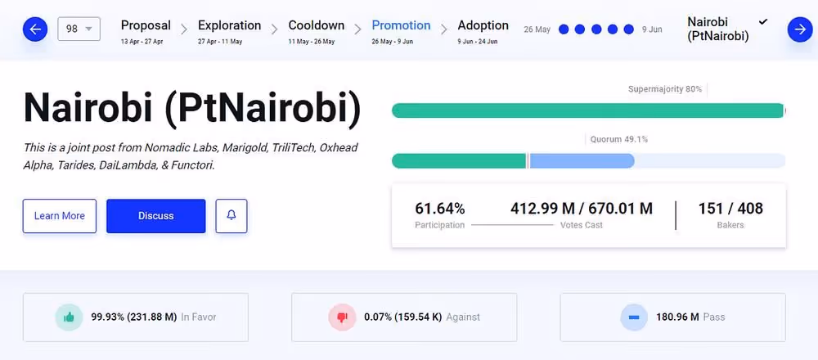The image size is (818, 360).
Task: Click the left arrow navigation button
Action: (x=35, y=30)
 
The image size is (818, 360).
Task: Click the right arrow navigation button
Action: (x=799, y=30)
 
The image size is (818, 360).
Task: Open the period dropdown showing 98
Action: (x=79, y=29)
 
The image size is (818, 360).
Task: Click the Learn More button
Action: (x=59, y=216)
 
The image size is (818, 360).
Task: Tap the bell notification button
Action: (x=231, y=216)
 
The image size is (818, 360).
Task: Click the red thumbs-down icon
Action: (x=342, y=317)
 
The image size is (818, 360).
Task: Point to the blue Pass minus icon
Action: (x=633, y=317)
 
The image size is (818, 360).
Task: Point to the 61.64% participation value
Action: (x=440, y=209)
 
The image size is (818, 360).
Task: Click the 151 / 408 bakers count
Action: (x=730, y=209)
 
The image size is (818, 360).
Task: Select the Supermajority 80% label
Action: (x=664, y=88)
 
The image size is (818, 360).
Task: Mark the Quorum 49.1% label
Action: (x=619, y=139)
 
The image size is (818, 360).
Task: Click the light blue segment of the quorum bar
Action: (x=582, y=160)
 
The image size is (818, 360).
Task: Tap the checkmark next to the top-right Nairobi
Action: (x=763, y=21)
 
